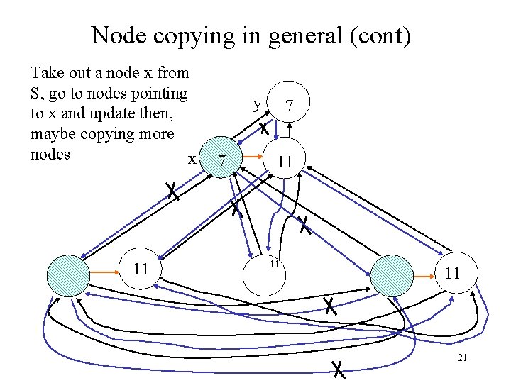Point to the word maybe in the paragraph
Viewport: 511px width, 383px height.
click(x=54, y=134)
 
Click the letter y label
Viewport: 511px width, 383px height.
click(x=257, y=104)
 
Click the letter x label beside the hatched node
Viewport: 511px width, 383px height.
click(x=192, y=158)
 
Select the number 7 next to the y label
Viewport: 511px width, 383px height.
click(x=289, y=106)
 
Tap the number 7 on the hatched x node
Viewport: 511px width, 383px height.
click(x=223, y=162)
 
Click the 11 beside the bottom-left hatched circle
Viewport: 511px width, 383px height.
click(x=141, y=269)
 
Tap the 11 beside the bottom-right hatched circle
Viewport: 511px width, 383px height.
click(x=453, y=273)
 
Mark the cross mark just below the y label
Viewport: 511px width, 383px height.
click(x=263, y=129)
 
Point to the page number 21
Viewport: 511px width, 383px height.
click(x=462, y=357)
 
